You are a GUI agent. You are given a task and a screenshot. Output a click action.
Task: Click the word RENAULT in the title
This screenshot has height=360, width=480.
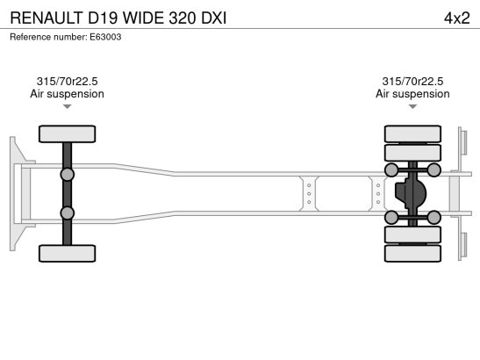(x=47, y=18)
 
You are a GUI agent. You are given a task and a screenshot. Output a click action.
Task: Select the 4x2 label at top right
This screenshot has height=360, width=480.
(x=456, y=18)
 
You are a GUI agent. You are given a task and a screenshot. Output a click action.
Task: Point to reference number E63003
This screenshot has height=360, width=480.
(x=105, y=37)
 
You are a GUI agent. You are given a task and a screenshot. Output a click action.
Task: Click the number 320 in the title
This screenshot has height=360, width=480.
(x=183, y=18)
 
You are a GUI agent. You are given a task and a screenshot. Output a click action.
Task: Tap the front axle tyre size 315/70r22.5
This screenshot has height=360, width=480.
(x=67, y=82)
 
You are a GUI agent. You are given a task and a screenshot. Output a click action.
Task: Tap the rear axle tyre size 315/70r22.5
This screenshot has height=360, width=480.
(x=412, y=82)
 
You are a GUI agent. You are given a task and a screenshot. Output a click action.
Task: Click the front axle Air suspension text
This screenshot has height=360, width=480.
(x=67, y=94)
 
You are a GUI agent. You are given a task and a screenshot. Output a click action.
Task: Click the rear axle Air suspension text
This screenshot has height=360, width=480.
(x=412, y=94)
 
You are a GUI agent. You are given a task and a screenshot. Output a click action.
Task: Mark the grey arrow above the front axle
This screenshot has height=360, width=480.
(x=67, y=106)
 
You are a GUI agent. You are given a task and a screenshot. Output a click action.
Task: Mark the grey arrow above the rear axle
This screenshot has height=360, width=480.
(x=412, y=106)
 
